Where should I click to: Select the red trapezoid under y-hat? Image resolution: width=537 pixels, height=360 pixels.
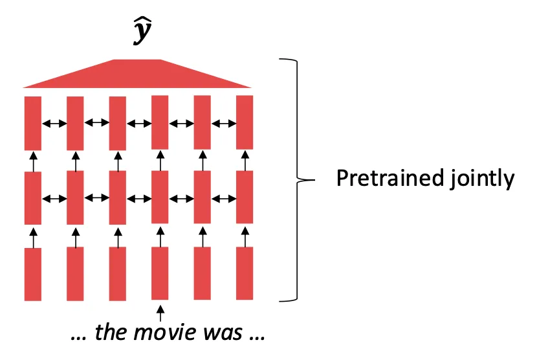point(137,74)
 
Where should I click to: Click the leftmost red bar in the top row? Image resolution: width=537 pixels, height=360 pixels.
point(33,123)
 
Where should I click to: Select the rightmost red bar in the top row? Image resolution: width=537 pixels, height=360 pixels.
point(244,123)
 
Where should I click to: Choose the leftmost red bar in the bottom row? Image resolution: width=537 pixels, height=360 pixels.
point(33,274)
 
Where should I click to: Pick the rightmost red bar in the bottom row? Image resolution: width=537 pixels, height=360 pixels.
point(244,274)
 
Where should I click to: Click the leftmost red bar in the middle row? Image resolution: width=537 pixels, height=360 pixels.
point(33,197)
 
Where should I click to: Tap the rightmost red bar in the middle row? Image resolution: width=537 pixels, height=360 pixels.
point(244,197)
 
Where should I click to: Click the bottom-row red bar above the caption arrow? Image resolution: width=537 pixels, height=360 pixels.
point(160,274)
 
